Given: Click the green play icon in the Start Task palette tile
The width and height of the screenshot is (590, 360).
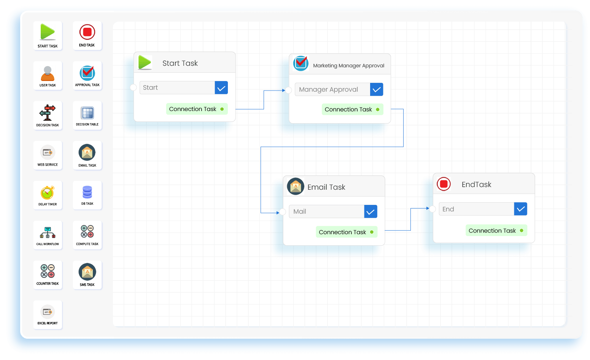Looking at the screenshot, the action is [x=48, y=32].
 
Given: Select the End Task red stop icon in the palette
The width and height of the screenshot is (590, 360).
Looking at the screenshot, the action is [x=87, y=32].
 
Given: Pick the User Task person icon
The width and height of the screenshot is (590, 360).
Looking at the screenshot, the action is [x=48, y=73].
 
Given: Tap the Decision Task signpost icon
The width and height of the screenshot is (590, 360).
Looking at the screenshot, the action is [x=48, y=113].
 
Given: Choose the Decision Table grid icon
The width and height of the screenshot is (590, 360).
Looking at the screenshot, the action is [x=87, y=113].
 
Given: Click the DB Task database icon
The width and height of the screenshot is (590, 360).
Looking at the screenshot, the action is [x=87, y=192].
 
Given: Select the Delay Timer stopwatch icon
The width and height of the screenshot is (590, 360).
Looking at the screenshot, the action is [x=48, y=193].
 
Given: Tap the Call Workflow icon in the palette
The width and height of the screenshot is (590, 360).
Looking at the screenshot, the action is [x=48, y=232].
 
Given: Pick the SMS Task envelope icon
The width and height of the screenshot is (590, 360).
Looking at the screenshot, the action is [x=87, y=272].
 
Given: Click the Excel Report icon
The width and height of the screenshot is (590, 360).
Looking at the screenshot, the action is [x=48, y=312].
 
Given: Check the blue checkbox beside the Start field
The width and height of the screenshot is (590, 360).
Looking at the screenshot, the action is [x=221, y=88].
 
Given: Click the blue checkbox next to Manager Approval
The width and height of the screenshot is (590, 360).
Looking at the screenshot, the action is [x=377, y=89].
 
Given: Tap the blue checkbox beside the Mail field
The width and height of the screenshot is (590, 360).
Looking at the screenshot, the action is [x=371, y=212].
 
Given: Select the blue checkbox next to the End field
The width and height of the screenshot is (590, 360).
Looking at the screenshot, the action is [x=520, y=209].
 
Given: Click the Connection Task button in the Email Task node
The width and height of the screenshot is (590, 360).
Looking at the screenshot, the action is [x=347, y=232].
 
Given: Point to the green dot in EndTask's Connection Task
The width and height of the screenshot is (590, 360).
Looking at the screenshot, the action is [x=522, y=230].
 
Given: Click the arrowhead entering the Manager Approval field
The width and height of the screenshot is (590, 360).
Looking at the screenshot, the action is [x=284, y=90].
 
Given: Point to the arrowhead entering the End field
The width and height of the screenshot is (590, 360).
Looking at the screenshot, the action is [x=428, y=208].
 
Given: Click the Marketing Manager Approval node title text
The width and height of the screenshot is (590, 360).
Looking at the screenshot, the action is [x=348, y=65].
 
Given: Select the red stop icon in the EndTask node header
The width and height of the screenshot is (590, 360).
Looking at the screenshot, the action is [x=444, y=184].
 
